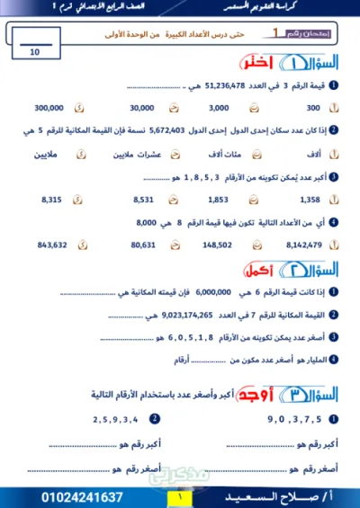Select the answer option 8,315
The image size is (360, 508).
tap(52, 199)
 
